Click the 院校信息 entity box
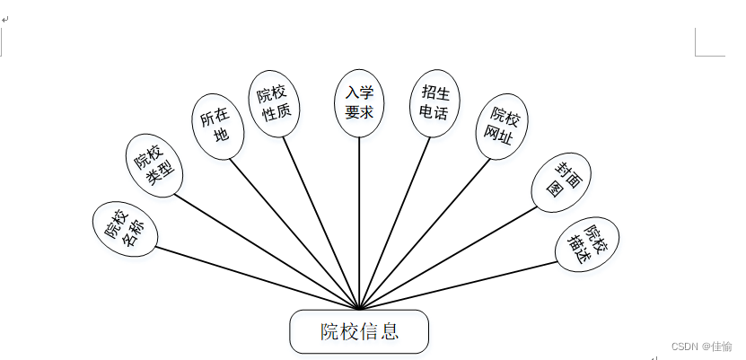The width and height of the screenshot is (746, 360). click(x=359, y=331)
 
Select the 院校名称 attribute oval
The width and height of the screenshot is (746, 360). click(x=125, y=229)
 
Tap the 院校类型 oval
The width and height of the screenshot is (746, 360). click(x=154, y=164)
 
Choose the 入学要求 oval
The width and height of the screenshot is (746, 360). click(x=359, y=103)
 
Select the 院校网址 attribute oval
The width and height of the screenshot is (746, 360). click(x=501, y=127)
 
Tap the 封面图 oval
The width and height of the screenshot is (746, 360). click(x=561, y=183)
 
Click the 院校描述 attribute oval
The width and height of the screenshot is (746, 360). click(x=587, y=243)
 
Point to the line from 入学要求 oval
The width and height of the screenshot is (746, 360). click(x=359, y=224)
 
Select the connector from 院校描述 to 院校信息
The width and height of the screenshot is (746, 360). click(x=458, y=285)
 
